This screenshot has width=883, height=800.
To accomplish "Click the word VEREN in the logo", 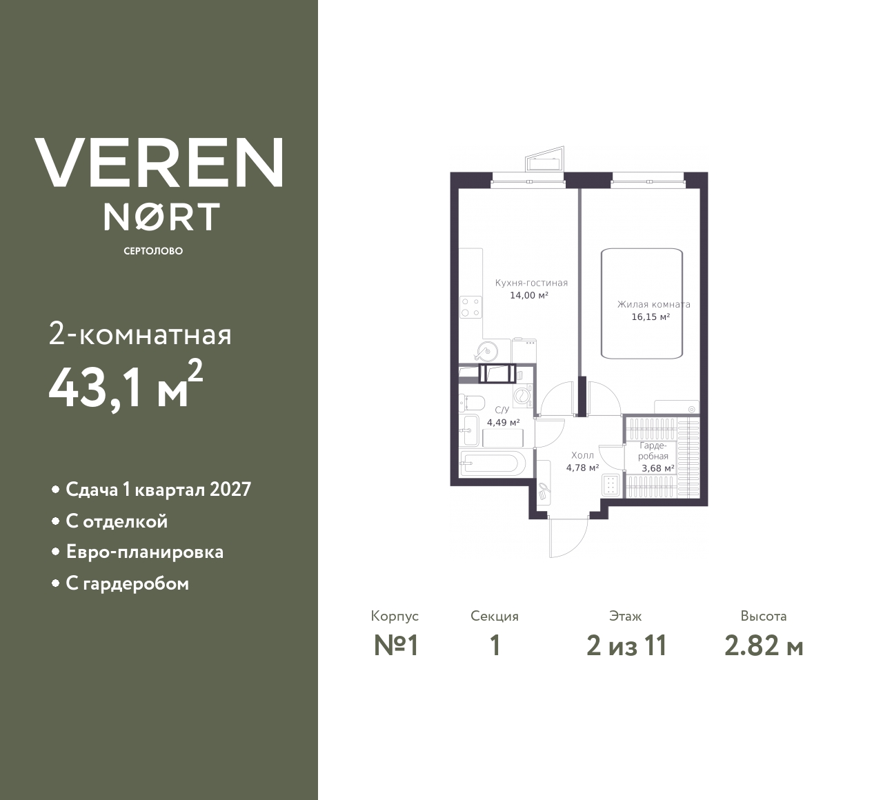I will click(x=159, y=163).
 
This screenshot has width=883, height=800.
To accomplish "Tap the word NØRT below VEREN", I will click(x=162, y=217).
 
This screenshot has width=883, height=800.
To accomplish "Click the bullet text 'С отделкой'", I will click(x=117, y=521).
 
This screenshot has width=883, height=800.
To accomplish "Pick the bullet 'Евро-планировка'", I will click(x=144, y=552).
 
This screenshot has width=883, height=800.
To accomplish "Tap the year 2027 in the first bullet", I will click(x=230, y=490).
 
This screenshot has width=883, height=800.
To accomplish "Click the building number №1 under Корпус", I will click(x=397, y=646).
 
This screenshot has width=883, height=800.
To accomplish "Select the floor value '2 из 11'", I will click(x=626, y=646).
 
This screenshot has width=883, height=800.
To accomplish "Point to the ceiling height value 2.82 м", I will click(x=764, y=646).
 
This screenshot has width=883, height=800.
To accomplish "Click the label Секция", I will click(x=495, y=617).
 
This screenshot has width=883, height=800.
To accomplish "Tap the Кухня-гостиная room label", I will click(x=531, y=283).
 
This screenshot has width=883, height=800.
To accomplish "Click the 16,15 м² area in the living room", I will click(x=651, y=317).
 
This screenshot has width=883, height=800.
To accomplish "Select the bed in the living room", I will click(x=642, y=303).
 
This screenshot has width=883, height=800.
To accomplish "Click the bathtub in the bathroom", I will click(x=493, y=463).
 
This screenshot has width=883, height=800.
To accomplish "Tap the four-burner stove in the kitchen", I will click(x=471, y=306).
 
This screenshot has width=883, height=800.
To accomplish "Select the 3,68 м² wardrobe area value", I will click(x=657, y=468).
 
